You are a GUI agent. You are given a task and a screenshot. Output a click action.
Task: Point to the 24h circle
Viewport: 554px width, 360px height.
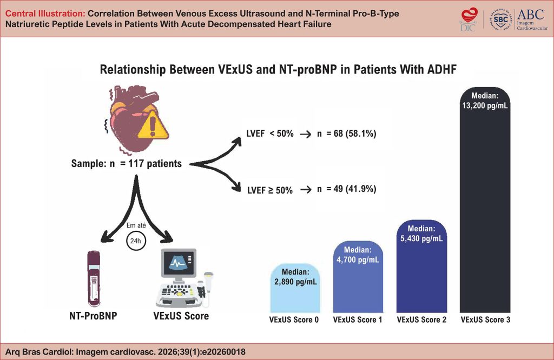[136, 241]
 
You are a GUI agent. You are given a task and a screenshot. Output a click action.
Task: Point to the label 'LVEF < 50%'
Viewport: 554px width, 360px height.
[269, 133]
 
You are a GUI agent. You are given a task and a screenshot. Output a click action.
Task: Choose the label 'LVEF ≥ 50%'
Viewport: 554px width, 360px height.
[269, 190]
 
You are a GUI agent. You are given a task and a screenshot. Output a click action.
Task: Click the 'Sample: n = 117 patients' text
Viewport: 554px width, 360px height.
[126, 163]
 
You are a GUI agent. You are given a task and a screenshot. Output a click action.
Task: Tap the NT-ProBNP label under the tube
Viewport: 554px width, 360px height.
[94, 316]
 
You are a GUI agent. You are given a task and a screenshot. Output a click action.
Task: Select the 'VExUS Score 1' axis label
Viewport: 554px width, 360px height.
[358, 320]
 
